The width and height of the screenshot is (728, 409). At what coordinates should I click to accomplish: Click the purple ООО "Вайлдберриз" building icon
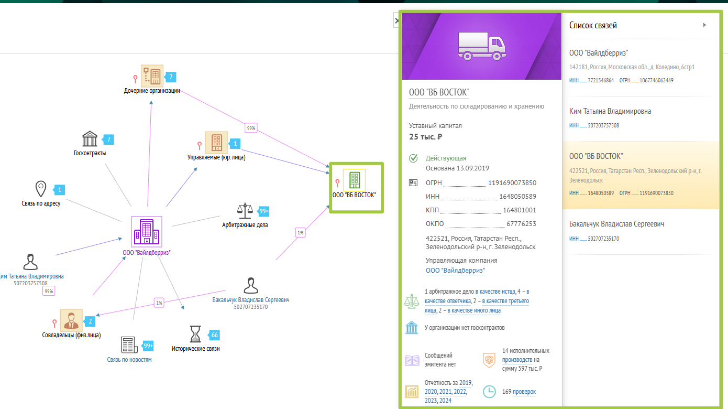click(147, 232)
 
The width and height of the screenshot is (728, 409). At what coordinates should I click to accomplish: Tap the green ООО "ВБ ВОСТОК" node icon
click(354, 180)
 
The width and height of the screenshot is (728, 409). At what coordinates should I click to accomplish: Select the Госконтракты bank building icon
click(90, 139)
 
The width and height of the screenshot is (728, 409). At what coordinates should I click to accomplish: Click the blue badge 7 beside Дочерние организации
click(170, 77)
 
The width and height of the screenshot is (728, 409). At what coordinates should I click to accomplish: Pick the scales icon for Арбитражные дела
click(245, 211)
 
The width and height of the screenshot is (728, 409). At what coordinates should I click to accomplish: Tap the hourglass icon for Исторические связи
click(195, 334)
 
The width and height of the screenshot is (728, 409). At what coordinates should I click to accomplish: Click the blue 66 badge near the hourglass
click(214, 335)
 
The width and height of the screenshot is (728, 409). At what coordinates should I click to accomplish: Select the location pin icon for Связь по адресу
click(41, 189)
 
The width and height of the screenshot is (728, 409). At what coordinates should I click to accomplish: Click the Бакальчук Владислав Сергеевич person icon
click(251, 285)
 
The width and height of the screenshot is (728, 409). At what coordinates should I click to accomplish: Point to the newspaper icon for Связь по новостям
click(129, 345)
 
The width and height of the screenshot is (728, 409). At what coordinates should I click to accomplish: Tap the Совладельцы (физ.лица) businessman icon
click(71, 320)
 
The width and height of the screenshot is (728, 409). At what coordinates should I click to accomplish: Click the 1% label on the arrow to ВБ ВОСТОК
click(300, 233)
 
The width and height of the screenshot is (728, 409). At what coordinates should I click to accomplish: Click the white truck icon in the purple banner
click(482, 46)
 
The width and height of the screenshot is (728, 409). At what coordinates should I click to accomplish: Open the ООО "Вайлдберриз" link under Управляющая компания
click(455, 271)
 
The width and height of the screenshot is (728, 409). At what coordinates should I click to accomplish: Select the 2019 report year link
click(466, 383)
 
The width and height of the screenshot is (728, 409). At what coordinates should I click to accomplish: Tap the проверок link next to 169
click(524, 392)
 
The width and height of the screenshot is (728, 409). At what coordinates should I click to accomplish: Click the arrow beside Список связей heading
click(704, 25)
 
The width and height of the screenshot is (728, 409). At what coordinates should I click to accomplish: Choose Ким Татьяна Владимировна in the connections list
click(610, 111)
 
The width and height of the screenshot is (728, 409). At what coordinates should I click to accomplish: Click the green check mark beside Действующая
click(413, 158)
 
